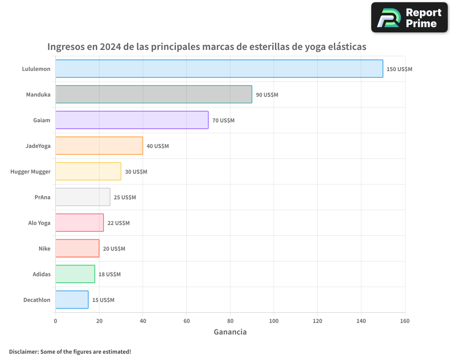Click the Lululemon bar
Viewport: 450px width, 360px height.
(x=219, y=69)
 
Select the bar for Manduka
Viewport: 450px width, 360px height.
(x=153, y=94)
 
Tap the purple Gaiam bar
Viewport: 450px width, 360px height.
(x=132, y=120)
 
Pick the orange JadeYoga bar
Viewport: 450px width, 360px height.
(x=99, y=146)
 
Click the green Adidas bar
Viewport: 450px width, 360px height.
(x=75, y=274)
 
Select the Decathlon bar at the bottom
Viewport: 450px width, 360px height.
(x=72, y=300)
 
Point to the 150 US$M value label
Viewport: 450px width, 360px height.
(x=399, y=69)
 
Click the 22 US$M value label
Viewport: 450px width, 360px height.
(x=118, y=223)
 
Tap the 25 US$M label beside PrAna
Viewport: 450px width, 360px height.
(x=125, y=198)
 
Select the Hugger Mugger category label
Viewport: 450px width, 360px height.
(x=31, y=172)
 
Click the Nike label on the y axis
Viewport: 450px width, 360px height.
(x=45, y=249)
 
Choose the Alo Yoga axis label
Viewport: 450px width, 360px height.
(x=39, y=223)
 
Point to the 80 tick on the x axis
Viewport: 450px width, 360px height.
(x=230, y=321)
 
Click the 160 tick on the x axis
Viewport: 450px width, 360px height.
(x=405, y=321)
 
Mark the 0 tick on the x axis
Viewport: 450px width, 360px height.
(x=55, y=321)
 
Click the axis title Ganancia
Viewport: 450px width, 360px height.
(x=230, y=332)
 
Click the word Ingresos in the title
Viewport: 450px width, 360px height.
(x=67, y=47)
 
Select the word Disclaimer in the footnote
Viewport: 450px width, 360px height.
(x=23, y=351)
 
